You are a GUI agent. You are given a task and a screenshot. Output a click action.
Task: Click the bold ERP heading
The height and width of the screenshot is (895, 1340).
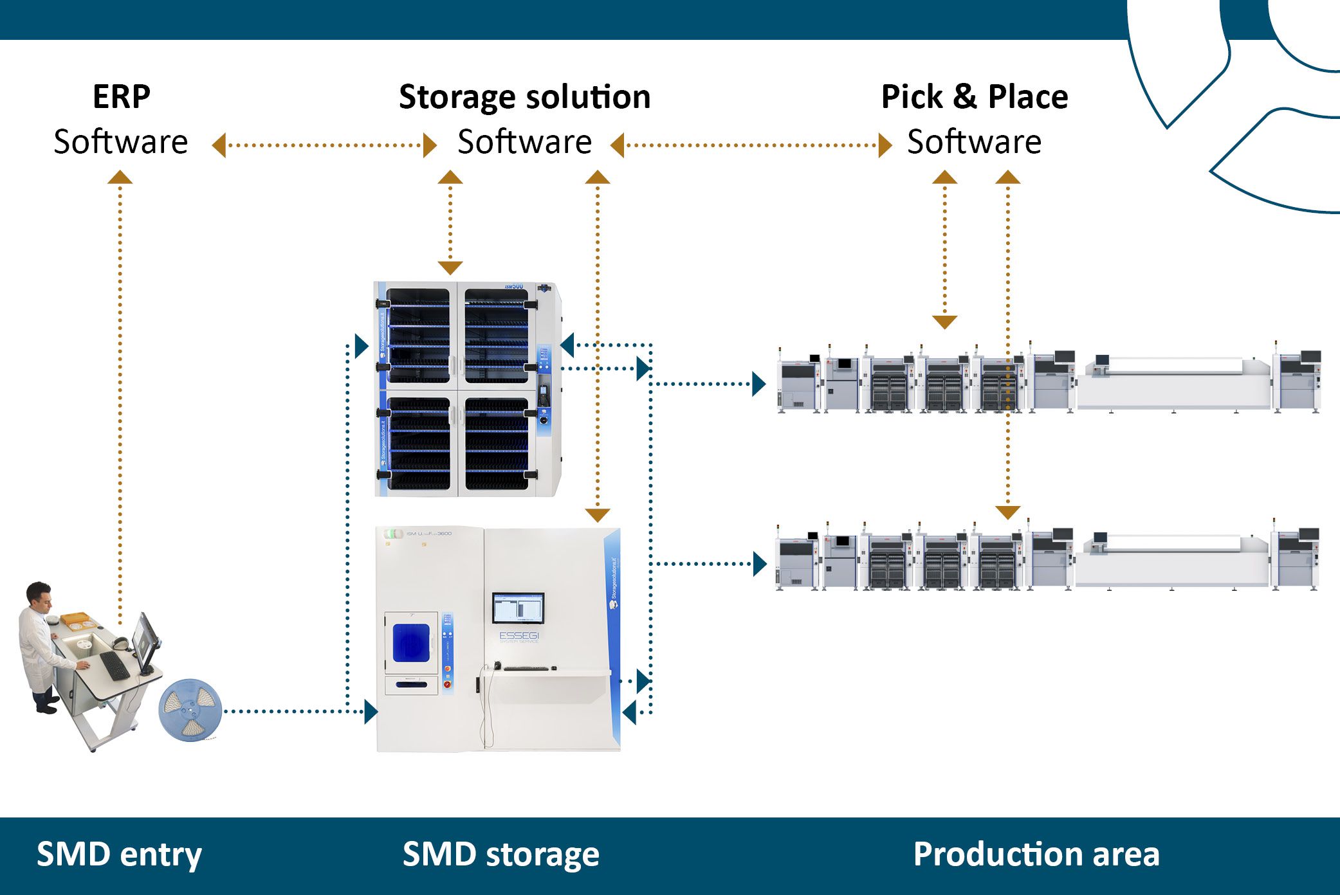(121, 97)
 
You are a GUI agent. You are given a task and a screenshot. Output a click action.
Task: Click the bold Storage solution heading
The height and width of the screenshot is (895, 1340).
(524, 97)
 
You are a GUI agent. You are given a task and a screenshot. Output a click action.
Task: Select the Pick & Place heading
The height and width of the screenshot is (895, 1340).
(974, 97)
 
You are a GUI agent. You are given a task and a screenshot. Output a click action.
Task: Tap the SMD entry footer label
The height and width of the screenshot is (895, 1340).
(119, 854)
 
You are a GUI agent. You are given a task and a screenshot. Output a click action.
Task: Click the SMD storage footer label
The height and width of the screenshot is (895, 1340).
(500, 854)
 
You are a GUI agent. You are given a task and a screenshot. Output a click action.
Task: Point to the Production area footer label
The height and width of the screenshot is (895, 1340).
(1036, 854)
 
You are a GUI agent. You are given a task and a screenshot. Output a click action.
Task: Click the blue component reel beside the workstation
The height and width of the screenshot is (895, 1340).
(190, 710)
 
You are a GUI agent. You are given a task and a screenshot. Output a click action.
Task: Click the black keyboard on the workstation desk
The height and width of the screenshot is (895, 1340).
(115, 665)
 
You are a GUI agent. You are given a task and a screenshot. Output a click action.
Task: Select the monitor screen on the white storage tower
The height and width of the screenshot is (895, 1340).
(518, 608)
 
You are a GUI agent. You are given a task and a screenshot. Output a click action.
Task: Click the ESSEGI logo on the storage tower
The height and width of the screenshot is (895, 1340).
(519, 636)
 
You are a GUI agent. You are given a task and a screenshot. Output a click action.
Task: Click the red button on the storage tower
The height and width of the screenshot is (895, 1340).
(448, 684)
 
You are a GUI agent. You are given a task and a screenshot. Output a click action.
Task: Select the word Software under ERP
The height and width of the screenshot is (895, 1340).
(121, 142)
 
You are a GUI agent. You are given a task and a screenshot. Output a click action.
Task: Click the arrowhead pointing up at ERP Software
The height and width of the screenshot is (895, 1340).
(120, 177)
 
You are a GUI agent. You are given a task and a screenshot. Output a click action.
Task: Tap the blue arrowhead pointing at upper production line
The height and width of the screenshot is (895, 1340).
(759, 384)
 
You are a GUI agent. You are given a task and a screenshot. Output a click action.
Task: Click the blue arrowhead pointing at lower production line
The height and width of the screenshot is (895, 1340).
(759, 564)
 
